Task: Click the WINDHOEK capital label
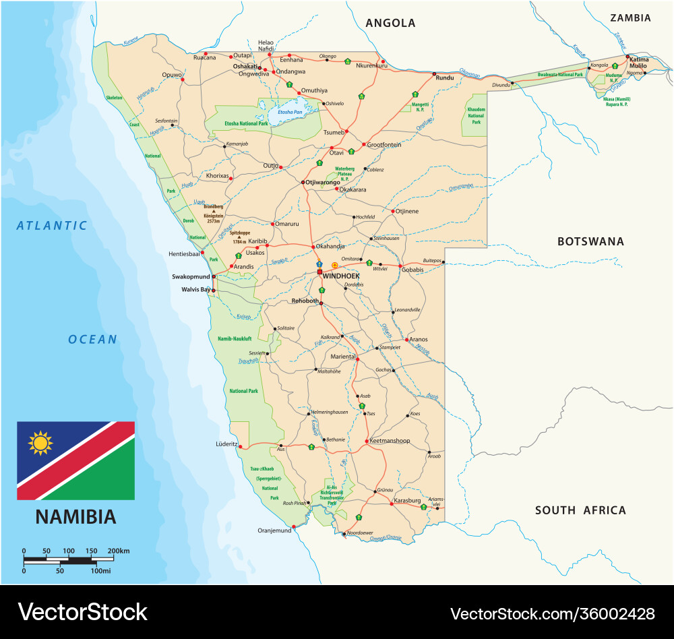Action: point(341,276)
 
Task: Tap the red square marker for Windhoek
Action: point(319,272)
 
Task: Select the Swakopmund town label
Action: point(191,276)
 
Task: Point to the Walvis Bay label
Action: point(196,289)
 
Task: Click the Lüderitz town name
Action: point(226,444)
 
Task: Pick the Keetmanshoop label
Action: point(390,441)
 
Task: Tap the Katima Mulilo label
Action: point(639,63)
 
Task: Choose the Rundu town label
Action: point(446,78)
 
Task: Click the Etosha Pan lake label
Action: point(291,112)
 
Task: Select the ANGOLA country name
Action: point(390,23)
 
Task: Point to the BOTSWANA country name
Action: point(590,241)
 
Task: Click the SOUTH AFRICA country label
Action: point(580,510)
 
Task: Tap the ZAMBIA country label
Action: point(630,18)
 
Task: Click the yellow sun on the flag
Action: point(40,443)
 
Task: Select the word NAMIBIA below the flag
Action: point(75,517)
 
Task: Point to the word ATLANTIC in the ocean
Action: point(53,226)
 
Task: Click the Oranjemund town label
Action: point(275,530)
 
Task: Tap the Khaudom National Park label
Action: point(476,115)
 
